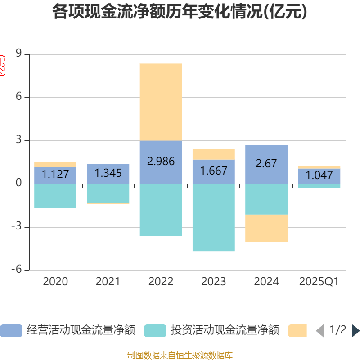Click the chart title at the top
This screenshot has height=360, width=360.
coord(180,12)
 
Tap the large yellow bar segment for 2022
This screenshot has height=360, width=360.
coord(161,102)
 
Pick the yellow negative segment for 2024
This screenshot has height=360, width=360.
coord(266,228)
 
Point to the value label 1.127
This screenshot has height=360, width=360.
coord(55,174)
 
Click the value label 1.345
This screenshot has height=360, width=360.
coord(108,172)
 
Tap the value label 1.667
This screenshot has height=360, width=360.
coord(213,171)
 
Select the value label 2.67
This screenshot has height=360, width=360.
coord(266,164)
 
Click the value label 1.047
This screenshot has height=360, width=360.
coord(319,175)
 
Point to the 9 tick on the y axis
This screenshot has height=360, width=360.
coord(19,54)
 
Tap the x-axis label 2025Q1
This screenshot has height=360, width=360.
coord(319,282)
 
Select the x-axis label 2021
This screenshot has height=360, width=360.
coord(108,282)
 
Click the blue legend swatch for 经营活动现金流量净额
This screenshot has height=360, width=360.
coord(11,331)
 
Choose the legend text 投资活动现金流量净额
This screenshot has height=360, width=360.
coord(225,331)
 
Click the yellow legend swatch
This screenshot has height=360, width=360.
coord(297,331)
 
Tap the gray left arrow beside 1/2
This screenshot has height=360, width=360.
coord(319,331)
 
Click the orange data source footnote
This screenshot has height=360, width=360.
coord(180,355)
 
